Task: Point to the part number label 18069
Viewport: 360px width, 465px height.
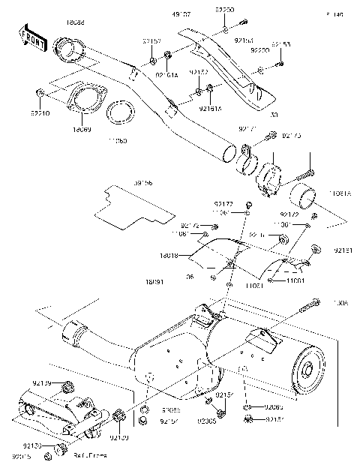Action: (82, 129)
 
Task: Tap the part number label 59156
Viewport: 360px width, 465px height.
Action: (143, 181)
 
